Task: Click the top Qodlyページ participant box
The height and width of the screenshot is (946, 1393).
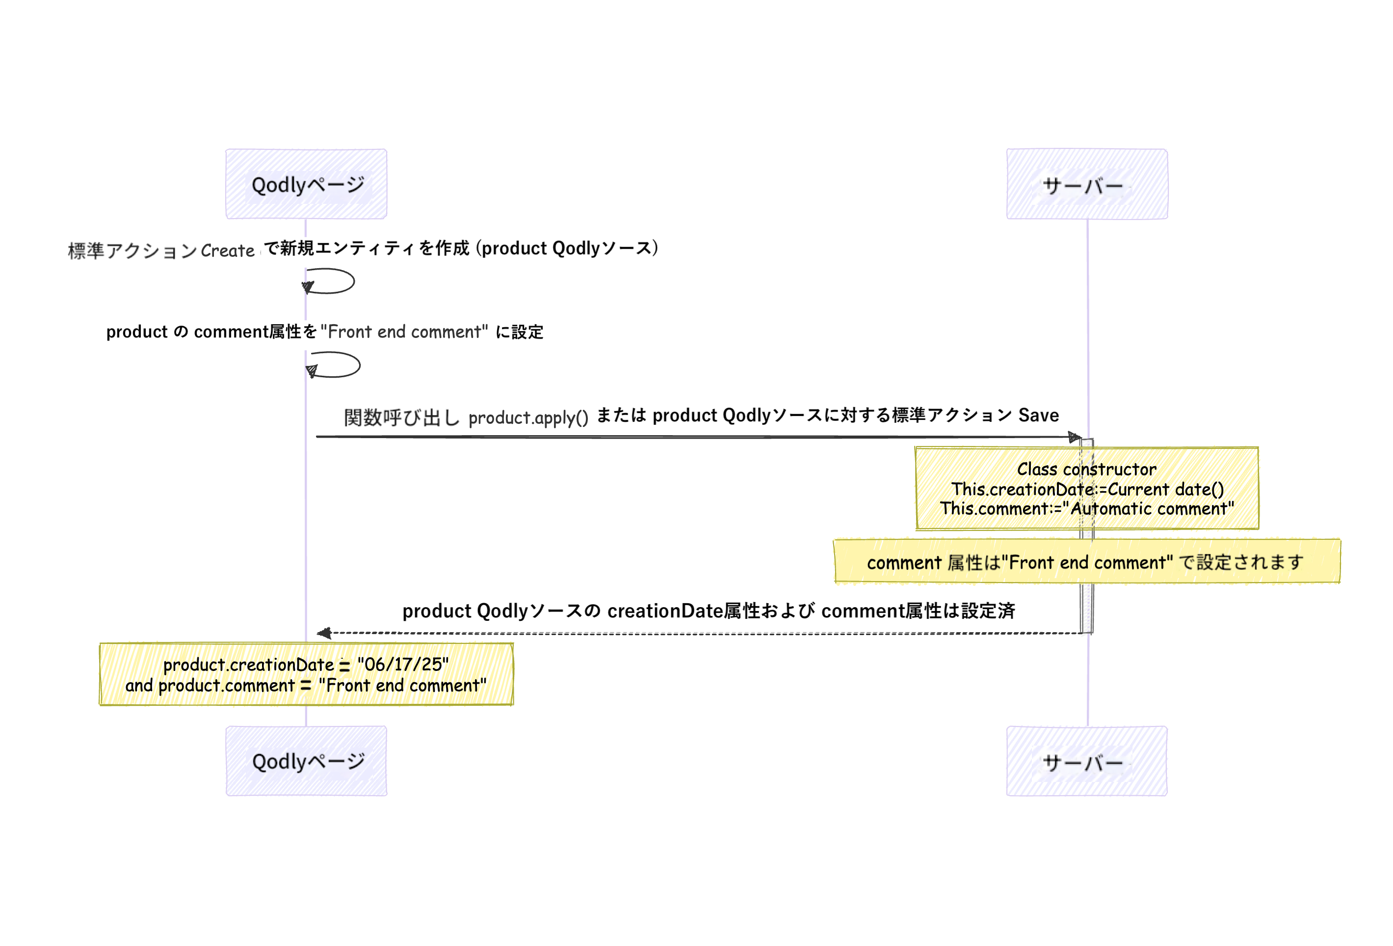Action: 306,184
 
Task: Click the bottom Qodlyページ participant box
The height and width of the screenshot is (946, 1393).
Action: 306,761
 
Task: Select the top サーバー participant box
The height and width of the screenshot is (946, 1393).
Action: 1087,184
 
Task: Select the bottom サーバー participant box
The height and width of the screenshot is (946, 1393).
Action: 1087,761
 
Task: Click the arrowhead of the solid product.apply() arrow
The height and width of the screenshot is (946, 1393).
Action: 1075,437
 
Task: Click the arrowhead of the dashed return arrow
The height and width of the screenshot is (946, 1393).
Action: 324,633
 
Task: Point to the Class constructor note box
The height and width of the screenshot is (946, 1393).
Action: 1087,488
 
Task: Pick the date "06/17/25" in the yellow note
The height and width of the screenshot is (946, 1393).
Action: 403,664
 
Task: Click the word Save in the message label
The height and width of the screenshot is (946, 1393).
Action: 1038,415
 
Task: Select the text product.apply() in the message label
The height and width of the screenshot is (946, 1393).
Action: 528,417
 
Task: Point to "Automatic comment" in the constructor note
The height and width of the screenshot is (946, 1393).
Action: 1152,509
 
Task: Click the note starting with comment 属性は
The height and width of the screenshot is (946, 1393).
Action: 1087,561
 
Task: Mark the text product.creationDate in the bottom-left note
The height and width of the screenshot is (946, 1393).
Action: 248,665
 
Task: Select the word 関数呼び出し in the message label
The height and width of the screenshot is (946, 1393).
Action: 401,417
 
